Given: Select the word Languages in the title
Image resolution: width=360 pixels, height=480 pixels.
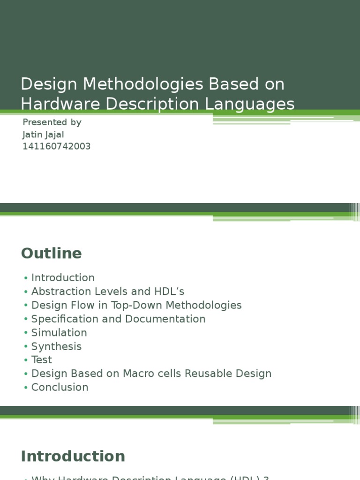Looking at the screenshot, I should point(261,104).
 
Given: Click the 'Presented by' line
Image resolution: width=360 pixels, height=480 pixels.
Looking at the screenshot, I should point(52,122).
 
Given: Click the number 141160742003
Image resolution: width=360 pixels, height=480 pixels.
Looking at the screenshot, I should point(57,146).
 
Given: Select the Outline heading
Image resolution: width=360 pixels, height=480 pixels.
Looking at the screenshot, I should point(51,253).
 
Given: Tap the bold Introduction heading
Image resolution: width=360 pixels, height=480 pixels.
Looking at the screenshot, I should point(73,456).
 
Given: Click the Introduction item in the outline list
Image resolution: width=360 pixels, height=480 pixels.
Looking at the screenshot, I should point(63,277).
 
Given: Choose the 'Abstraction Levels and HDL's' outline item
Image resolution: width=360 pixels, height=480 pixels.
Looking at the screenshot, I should point(108,292).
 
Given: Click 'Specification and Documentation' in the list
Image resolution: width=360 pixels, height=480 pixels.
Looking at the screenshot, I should point(118,319).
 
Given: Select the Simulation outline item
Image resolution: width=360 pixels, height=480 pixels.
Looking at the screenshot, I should point(59,333).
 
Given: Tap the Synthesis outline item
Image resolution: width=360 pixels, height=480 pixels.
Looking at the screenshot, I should point(56,346).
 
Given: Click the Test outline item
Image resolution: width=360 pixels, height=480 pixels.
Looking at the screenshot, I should point(41,360).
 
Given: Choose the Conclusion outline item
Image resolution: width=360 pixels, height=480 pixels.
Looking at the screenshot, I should point(60,387).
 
